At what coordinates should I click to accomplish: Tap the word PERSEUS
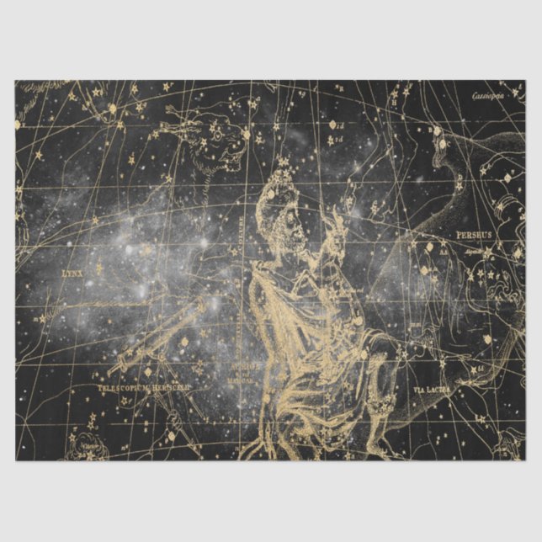tap(473, 235)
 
